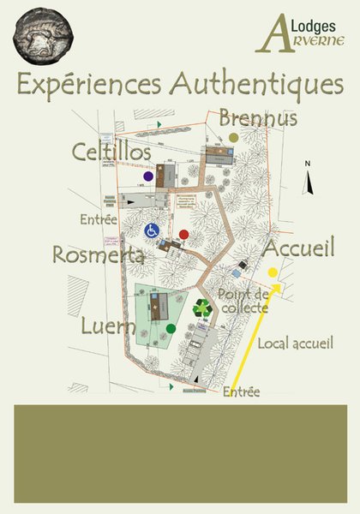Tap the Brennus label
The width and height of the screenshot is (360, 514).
click(x=257, y=117)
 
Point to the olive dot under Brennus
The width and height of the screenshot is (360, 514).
click(x=234, y=137)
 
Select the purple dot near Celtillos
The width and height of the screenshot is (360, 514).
click(x=148, y=176)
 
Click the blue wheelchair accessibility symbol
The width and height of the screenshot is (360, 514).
click(x=152, y=230)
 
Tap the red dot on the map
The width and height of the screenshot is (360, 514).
click(x=183, y=235)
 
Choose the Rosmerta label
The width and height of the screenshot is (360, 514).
click(x=97, y=255)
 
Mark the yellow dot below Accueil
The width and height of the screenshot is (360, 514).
click(x=273, y=272)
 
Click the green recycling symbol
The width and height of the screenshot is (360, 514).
click(x=202, y=308)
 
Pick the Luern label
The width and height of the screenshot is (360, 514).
click(x=109, y=326)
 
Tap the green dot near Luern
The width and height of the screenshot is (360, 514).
click(x=171, y=328)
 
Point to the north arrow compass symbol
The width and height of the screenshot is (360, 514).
click(x=307, y=178)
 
